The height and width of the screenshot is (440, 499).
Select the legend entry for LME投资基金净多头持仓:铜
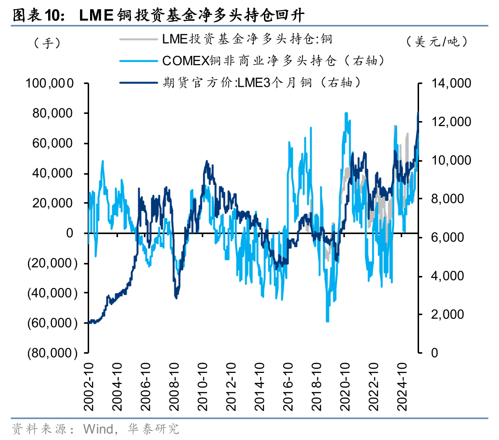pos(247,39)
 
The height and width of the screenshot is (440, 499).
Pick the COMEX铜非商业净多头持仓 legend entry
pos(273,60)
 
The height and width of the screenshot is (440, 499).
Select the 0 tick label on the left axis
pos(70,233)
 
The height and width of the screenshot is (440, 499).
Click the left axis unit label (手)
pos(47,42)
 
